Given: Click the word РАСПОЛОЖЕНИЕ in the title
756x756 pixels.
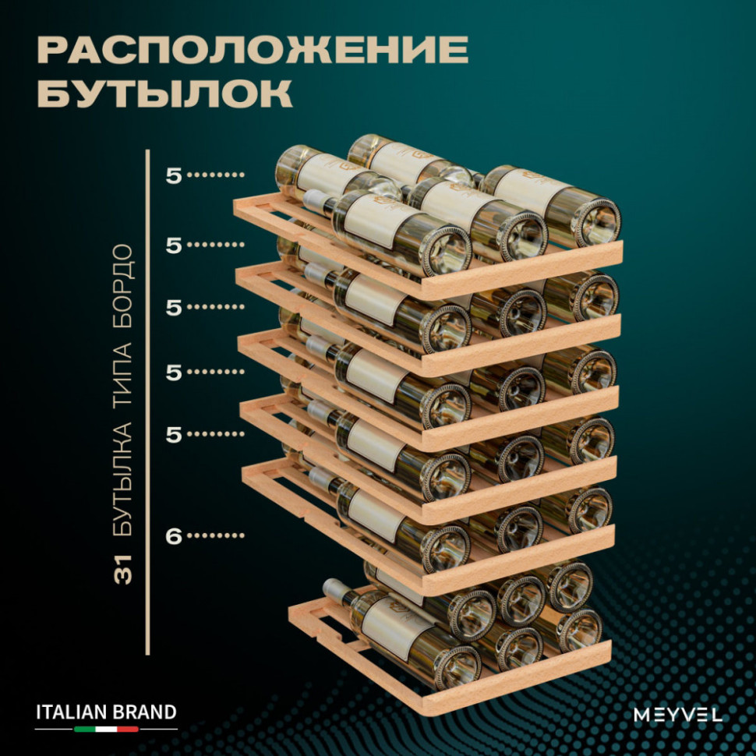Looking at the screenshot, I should point(252,51).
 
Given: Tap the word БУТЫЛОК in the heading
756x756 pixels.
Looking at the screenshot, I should point(164,94).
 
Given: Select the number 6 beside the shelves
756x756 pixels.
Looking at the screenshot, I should point(173,536).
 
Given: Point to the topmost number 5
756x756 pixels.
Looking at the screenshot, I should point(173,175).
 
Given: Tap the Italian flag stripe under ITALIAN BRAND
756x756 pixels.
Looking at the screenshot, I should point(106,730).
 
